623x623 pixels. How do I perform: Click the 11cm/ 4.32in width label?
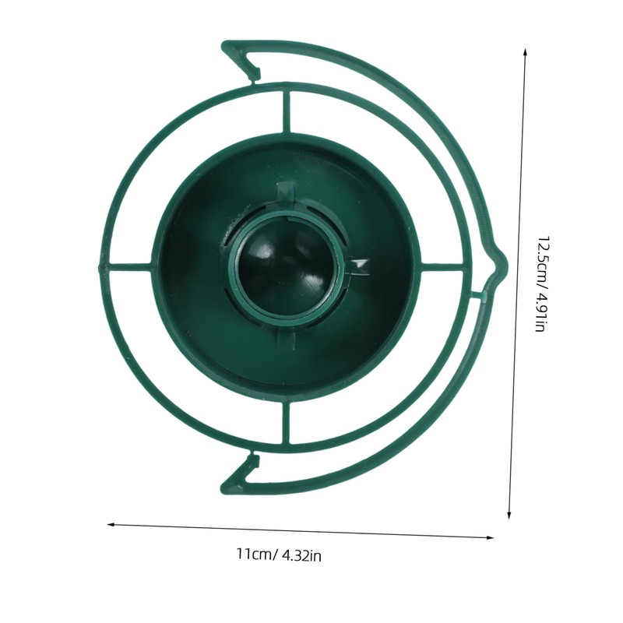point(279,554)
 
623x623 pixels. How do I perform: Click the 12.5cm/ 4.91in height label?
point(543,283)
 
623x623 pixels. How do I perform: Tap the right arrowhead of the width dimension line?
point(490,537)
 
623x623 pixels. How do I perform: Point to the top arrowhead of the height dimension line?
point(525,52)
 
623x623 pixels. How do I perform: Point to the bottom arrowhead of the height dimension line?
point(509,516)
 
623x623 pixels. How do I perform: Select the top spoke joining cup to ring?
point(287,111)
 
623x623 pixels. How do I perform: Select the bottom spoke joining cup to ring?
point(286,423)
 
